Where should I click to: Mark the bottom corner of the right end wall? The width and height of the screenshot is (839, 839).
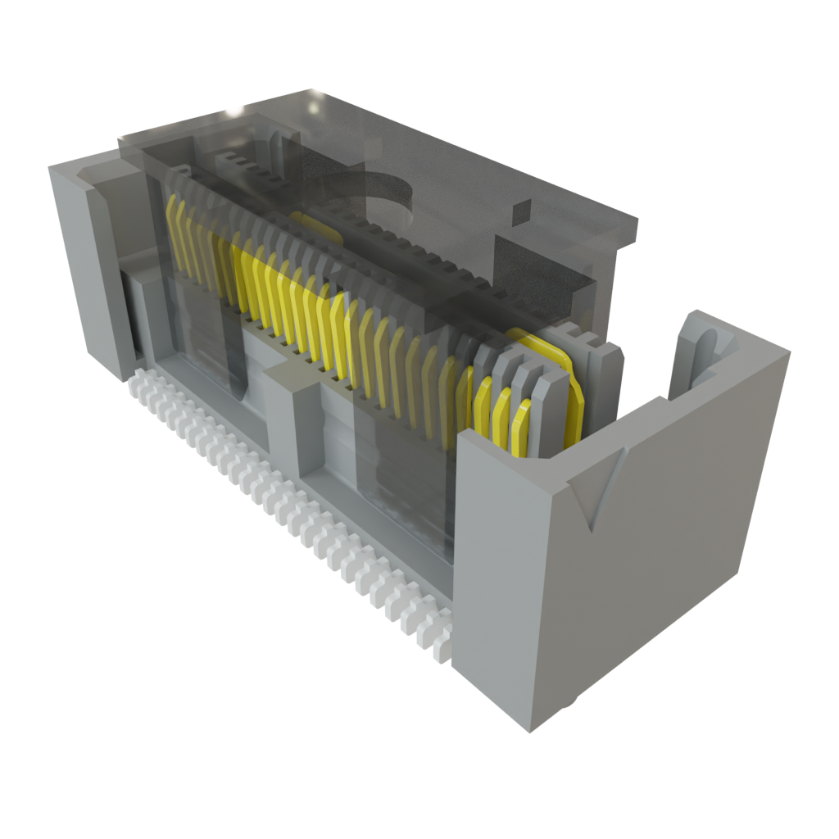[530, 729]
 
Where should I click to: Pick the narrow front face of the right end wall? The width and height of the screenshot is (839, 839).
[492, 574]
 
